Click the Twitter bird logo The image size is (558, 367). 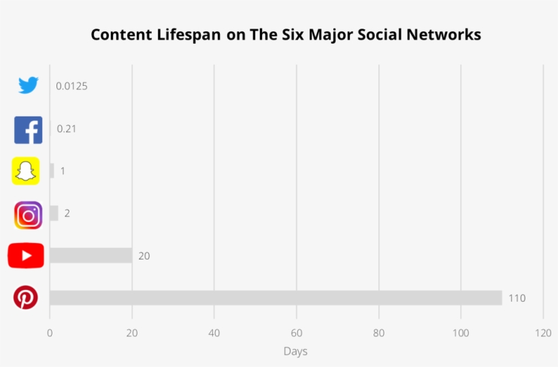(x=28, y=85)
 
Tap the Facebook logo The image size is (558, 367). (x=28, y=129)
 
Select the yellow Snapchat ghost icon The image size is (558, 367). (x=26, y=171)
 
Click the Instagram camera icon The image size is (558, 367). (x=28, y=215)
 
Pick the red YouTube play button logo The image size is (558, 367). (x=26, y=256)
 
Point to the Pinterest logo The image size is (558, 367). (x=26, y=298)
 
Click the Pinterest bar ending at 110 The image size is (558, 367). (x=276, y=298)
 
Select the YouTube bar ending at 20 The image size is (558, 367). (x=91, y=255)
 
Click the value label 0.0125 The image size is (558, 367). (x=71, y=86)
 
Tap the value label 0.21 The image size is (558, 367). (x=66, y=129)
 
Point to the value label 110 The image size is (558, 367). (x=516, y=298)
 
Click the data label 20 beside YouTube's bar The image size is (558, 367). (x=144, y=256)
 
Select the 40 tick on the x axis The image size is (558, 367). (x=214, y=333)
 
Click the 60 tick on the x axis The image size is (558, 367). (x=296, y=333)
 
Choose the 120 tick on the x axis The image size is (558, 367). (x=542, y=333)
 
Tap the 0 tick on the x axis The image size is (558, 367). (x=50, y=333)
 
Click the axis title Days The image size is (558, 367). (x=295, y=351)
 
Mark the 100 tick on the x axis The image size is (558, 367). (x=461, y=333)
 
